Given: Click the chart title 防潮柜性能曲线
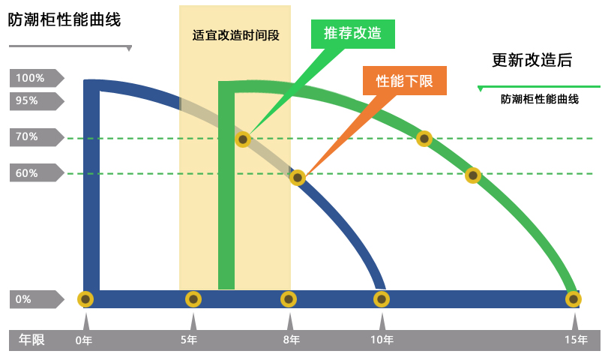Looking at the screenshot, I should pos(64,20).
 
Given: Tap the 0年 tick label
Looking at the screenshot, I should pos(84,340).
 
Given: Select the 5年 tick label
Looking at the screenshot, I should pos(190,340).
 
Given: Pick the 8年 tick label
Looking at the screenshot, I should pos(291,340).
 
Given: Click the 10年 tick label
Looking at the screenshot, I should pos(382,340).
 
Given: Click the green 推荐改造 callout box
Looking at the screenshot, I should pos(352,34).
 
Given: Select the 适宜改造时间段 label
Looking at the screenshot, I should pos(235,34).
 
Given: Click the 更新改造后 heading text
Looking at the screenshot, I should pos(532,61).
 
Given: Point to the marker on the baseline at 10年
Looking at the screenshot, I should pos(382,299).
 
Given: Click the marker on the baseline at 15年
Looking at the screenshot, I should pos(574,299).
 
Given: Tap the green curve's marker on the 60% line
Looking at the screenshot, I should pos(472,175).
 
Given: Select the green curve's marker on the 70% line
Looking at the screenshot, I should pos(424,138).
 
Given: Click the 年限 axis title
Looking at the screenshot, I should pos(31,340).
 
